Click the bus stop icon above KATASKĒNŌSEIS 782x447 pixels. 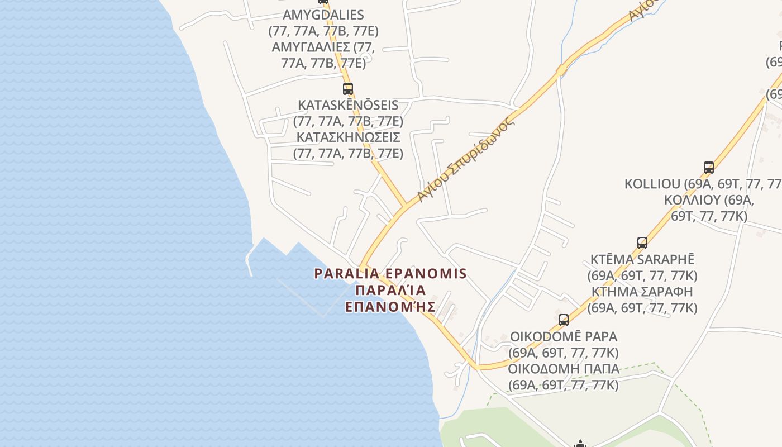point(348,88)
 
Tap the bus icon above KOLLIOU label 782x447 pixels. point(709,167)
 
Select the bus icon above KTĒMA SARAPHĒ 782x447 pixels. point(642,243)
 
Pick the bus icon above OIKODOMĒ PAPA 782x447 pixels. point(564,320)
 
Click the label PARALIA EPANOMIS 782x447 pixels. point(390,274)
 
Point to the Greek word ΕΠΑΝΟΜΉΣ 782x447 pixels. point(390,306)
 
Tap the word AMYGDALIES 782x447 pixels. point(323,15)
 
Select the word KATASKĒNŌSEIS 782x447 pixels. point(348,105)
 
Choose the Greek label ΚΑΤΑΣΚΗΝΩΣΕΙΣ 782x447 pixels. point(348,137)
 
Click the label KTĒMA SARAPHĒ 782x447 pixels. point(642,260)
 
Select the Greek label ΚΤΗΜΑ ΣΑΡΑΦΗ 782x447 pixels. point(642,292)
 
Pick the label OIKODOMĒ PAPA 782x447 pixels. point(564,337)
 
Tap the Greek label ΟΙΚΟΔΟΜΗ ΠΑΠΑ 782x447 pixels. point(564,369)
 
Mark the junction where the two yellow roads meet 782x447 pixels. point(404,207)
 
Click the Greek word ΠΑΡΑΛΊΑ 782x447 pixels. point(390,290)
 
